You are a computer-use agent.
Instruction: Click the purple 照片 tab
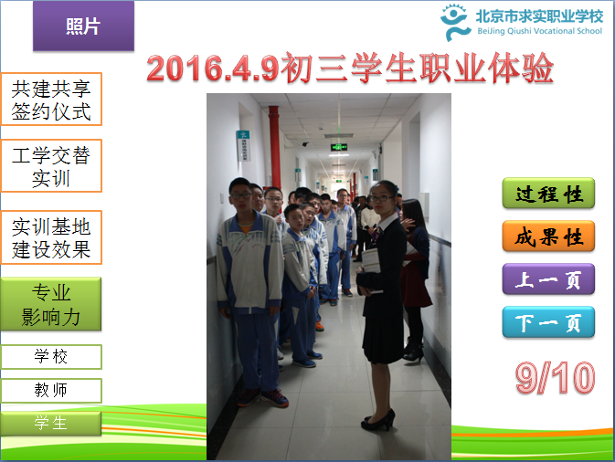pos(83,26)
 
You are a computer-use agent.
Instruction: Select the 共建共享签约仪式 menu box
pos(51,100)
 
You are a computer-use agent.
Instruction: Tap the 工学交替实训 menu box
pos(51,166)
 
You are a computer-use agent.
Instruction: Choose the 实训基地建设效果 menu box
pos(51,237)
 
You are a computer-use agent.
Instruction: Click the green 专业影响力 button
pos(51,304)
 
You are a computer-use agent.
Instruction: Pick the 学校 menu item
pos(51,357)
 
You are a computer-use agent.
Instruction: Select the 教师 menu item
pos(51,390)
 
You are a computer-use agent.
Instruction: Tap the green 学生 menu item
pos(51,424)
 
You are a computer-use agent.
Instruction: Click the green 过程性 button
pos(548,194)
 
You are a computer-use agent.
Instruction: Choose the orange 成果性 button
pos(548,236)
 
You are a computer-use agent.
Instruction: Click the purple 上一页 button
pos(548,279)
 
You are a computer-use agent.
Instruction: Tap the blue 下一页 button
pos(548,322)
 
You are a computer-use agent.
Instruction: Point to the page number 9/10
pos(555,377)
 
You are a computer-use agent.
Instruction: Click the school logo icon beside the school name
pos(454,23)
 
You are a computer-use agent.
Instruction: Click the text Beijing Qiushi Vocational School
pos(539,31)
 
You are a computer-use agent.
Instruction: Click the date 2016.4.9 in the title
pos(213,68)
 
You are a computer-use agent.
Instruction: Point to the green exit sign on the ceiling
pos(339,147)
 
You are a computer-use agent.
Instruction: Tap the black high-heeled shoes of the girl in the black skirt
pos(378,421)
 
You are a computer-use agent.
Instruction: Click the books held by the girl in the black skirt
pos(371,268)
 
